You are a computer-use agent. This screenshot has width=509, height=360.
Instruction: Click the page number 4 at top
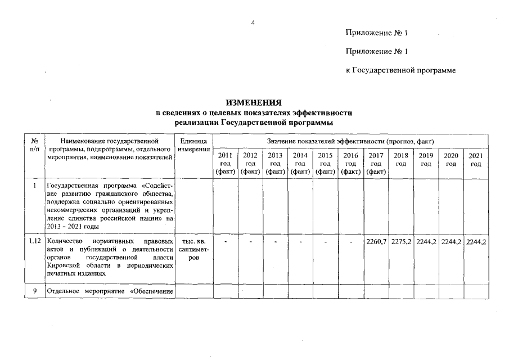[x=253, y=22]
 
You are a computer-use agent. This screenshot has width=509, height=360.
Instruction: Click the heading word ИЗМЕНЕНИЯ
[x=253, y=103]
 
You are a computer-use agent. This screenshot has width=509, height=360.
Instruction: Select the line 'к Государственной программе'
[x=400, y=71]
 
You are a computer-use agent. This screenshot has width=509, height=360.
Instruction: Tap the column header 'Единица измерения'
[x=193, y=145]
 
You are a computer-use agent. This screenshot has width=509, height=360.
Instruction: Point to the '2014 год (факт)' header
[x=300, y=163]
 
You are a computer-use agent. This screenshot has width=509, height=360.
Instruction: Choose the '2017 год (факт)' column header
[x=375, y=163]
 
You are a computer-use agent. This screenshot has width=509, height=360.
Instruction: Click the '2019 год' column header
[x=426, y=159]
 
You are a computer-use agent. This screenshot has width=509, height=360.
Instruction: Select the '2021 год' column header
[x=476, y=159]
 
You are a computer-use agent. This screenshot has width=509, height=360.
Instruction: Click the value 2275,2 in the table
[x=400, y=242]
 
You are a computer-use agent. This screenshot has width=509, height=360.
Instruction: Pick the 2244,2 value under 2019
[x=426, y=242]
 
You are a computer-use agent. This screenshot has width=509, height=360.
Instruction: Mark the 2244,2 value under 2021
[x=476, y=242]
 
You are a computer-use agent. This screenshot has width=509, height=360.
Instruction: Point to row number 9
[x=35, y=291]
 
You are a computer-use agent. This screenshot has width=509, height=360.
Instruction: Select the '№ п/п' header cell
[x=35, y=145]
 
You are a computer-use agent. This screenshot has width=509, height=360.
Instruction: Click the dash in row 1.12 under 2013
[x=275, y=242]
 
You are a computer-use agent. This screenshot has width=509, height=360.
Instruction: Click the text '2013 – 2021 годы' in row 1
[x=73, y=227]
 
